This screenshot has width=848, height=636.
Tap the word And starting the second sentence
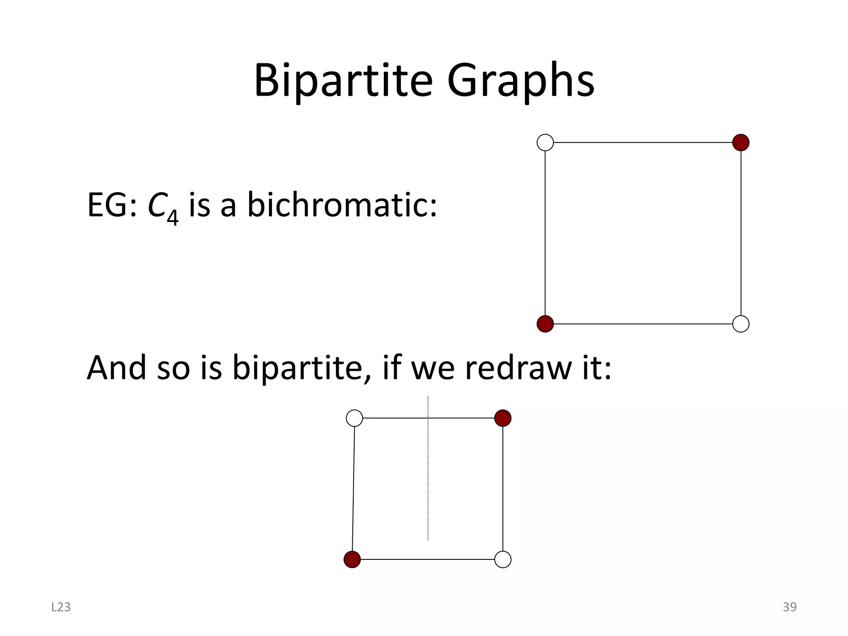click(x=116, y=368)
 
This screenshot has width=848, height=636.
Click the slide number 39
click(x=789, y=607)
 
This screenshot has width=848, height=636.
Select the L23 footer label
click(x=61, y=607)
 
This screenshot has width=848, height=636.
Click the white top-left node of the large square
click(x=545, y=142)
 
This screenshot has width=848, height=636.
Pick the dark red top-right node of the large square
click(x=741, y=142)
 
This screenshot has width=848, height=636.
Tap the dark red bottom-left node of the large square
click(x=545, y=324)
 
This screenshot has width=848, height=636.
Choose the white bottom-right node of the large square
click(x=741, y=324)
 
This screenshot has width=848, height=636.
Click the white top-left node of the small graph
click(x=354, y=418)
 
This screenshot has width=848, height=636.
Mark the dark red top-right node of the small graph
click(x=503, y=418)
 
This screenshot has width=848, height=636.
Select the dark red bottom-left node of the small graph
click(x=352, y=559)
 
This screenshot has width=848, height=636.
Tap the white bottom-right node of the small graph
click(x=503, y=559)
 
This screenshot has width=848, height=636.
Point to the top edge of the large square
click(x=643, y=142)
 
